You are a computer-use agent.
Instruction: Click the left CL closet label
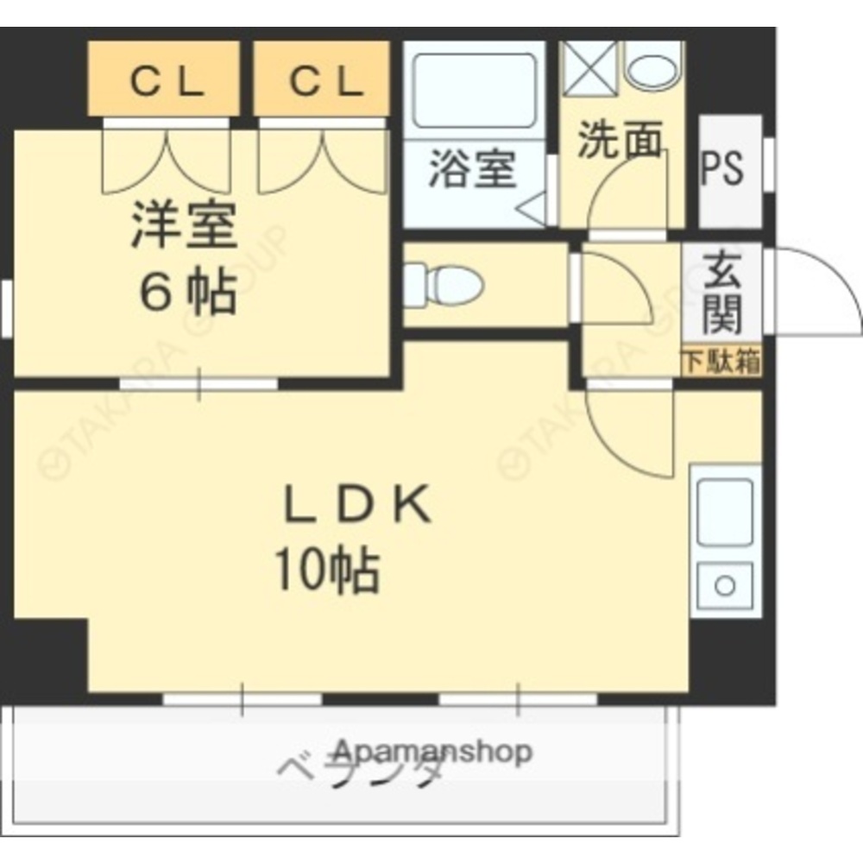coord(166,83)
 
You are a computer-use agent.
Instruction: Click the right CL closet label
coord(325,83)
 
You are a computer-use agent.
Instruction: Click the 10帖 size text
coord(327,571)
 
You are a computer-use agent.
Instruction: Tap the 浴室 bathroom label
coord(473,170)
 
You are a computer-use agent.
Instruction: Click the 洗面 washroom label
coord(620,140)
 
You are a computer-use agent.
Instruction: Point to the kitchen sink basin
coord(725,512)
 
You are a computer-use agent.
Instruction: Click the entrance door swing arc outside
coord(816,289)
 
